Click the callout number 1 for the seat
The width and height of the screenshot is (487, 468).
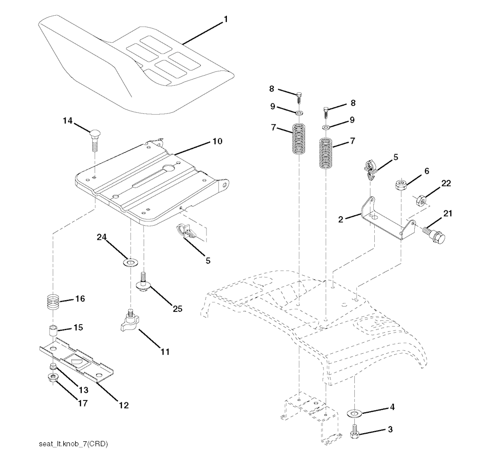[x=226, y=19]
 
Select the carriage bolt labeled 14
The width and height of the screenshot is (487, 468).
[x=95, y=140]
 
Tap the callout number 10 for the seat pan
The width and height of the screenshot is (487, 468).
[x=217, y=141]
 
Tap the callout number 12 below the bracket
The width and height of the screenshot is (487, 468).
[x=124, y=405]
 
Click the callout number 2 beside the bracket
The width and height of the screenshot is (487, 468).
[x=341, y=219]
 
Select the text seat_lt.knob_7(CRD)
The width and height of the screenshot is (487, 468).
[x=73, y=444]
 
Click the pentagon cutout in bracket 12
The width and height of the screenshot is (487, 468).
[x=76, y=361]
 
